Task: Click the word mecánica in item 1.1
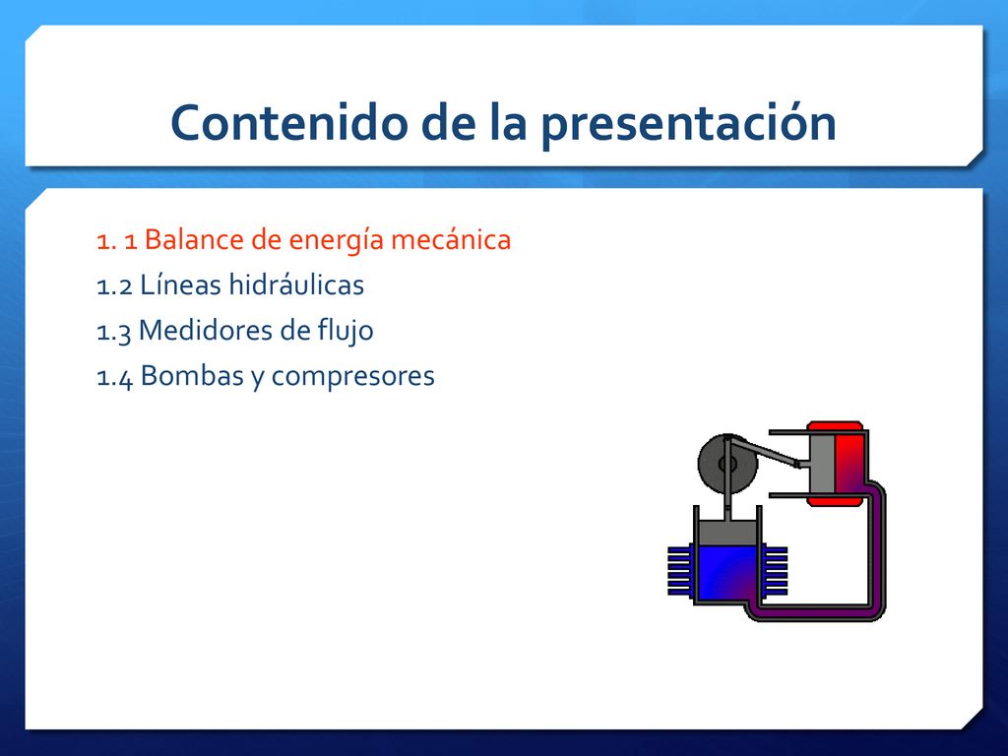pyautogui.click(x=451, y=239)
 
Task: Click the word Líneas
pyautogui.click(x=181, y=284)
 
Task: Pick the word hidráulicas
pyautogui.click(x=296, y=284)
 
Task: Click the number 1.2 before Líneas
pyautogui.click(x=114, y=286)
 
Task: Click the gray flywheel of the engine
pyautogui.click(x=727, y=465)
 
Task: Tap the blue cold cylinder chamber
pyautogui.click(x=727, y=573)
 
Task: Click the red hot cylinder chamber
pyautogui.click(x=849, y=463)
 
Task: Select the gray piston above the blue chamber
pyautogui.click(x=727, y=533)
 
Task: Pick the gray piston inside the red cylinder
pyautogui.click(x=822, y=463)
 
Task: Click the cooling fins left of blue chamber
pyautogui.click(x=680, y=571)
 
